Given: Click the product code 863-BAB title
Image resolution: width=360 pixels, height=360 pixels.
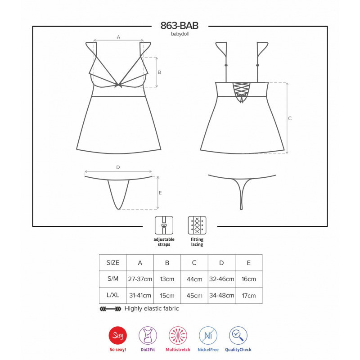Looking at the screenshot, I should tap(180, 26).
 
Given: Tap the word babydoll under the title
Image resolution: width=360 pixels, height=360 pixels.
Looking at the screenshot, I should tap(180, 34).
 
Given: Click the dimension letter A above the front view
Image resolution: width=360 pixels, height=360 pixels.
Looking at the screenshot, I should tap(118, 37).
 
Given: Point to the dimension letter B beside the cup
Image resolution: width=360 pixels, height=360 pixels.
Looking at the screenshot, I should tap(159, 72).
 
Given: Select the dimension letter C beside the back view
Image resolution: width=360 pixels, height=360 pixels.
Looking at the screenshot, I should tap(290, 118).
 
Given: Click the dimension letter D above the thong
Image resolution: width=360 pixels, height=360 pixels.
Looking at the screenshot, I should tap(118, 167).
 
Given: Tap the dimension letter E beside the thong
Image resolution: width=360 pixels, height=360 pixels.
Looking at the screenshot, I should tap(161, 193).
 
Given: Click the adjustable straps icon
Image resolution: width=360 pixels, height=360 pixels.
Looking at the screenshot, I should tap(164, 225).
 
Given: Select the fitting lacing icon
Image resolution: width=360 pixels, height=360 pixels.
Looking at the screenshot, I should tap(197, 225).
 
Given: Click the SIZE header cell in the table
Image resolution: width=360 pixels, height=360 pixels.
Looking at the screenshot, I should tap(112, 262).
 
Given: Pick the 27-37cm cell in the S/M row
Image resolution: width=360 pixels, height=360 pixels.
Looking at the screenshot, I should tap(139, 279).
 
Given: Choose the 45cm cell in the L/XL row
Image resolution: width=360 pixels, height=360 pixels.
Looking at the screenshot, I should tap(194, 296).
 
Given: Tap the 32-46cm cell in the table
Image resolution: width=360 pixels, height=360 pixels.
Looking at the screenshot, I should tap(221, 279).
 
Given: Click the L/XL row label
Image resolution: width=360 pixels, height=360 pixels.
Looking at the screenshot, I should tap(112, 296).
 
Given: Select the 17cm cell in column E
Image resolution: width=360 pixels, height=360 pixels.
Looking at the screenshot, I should tap(248, 296).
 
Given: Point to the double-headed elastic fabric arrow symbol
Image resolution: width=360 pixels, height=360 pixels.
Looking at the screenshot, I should tap(110, 309).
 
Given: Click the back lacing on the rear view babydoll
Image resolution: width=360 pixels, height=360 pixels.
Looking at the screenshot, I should tap(242, 91).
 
